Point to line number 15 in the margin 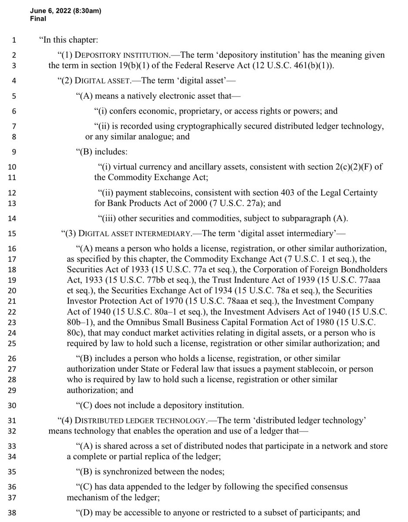coord(12,234)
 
